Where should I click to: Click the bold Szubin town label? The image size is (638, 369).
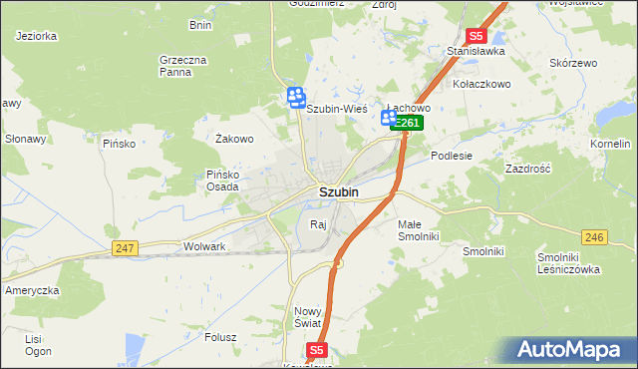339,191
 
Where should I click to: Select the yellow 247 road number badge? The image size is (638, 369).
125,247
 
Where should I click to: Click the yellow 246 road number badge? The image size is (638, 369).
595,236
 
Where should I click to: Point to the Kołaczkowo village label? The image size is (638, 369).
482,84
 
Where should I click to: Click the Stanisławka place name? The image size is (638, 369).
476,50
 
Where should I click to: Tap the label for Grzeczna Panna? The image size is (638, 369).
182,66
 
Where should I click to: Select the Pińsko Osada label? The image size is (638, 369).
222,181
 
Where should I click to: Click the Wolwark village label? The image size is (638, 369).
205,245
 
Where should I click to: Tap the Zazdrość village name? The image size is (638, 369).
528,170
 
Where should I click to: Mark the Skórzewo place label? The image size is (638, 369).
572,63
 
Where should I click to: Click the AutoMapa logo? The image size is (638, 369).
570,350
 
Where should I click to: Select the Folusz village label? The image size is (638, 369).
219,337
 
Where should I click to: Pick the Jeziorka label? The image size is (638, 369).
36,36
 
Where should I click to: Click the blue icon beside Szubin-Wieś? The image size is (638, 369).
296,98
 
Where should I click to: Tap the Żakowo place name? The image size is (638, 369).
235,139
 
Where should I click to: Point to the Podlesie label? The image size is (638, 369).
451,156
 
